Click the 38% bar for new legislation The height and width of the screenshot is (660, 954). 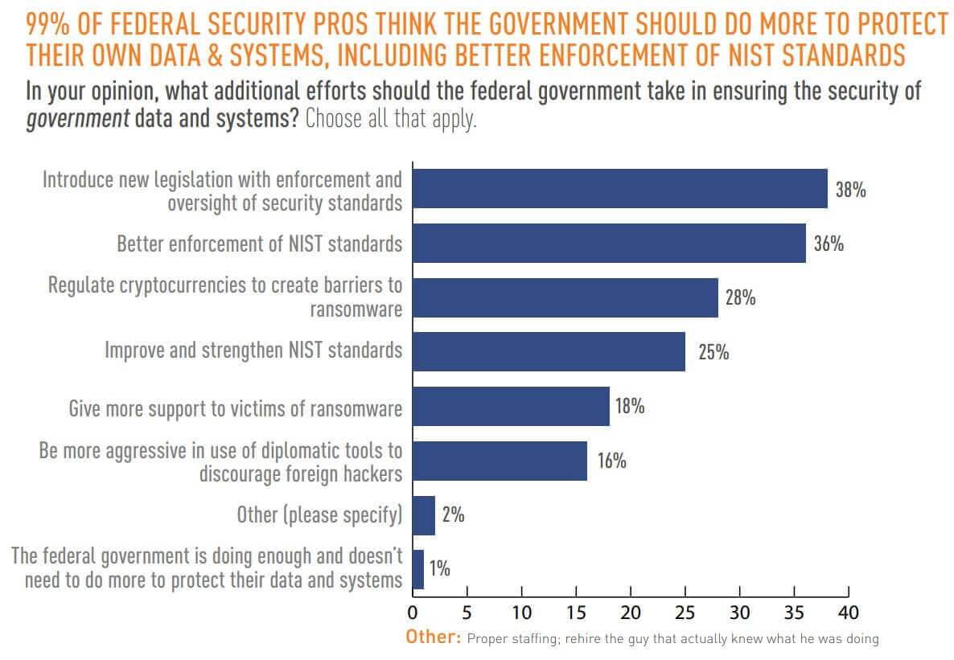tap(619, 189)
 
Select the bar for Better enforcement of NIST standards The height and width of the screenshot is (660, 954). tap(608, 243)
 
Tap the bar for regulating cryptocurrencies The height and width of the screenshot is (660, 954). tap(565, 297)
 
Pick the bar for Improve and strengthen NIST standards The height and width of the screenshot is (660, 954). tap(549, 351)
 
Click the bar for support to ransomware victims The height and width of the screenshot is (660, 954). tap(511, 406)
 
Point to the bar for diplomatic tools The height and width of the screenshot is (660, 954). tap(500, 461)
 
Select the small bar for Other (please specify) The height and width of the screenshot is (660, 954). tap(424, 515)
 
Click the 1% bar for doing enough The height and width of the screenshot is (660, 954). tap(418, 569)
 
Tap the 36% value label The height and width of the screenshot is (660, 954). tap(829, 244)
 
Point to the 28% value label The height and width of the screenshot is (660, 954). tap(740, 298)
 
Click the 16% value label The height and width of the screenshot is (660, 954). tap(611, 461)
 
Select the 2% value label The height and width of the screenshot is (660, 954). tap(453, 515)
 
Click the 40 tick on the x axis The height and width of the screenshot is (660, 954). tap(848, 613)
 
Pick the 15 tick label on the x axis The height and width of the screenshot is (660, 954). tap(576, 613)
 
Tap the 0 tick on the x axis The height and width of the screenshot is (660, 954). tap(413, 613)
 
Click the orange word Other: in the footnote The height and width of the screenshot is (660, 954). tap(434, 638)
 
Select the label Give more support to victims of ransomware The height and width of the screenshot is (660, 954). tap(235, 408)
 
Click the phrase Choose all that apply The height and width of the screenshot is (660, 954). tap(391, 121)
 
